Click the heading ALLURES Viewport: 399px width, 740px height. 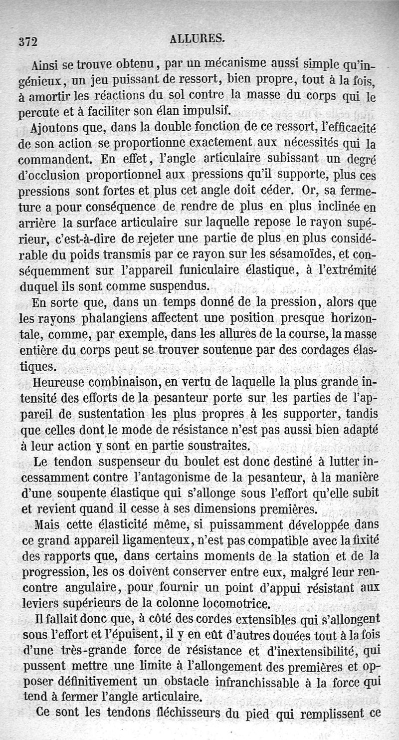[198, 38]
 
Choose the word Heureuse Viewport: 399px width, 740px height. [64, 383]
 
